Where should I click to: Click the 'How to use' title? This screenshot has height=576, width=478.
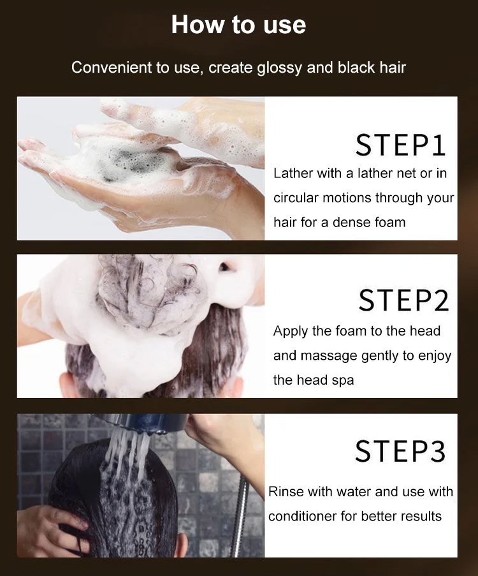point(238,25)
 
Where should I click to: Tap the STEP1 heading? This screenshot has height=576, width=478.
point(400,145)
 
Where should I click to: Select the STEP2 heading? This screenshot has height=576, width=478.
point(403,300)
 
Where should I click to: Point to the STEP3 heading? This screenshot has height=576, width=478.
point(400,450)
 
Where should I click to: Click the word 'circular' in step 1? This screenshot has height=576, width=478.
point(296,198)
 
